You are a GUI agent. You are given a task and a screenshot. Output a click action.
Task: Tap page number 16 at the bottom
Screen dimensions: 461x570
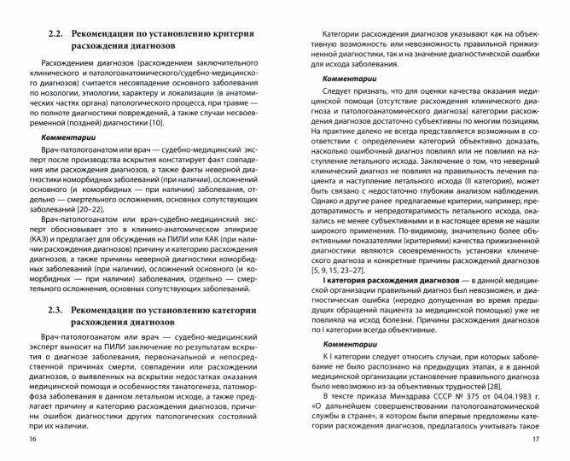[32, 439]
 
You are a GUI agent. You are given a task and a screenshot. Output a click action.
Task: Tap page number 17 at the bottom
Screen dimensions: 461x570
[536, 439]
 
